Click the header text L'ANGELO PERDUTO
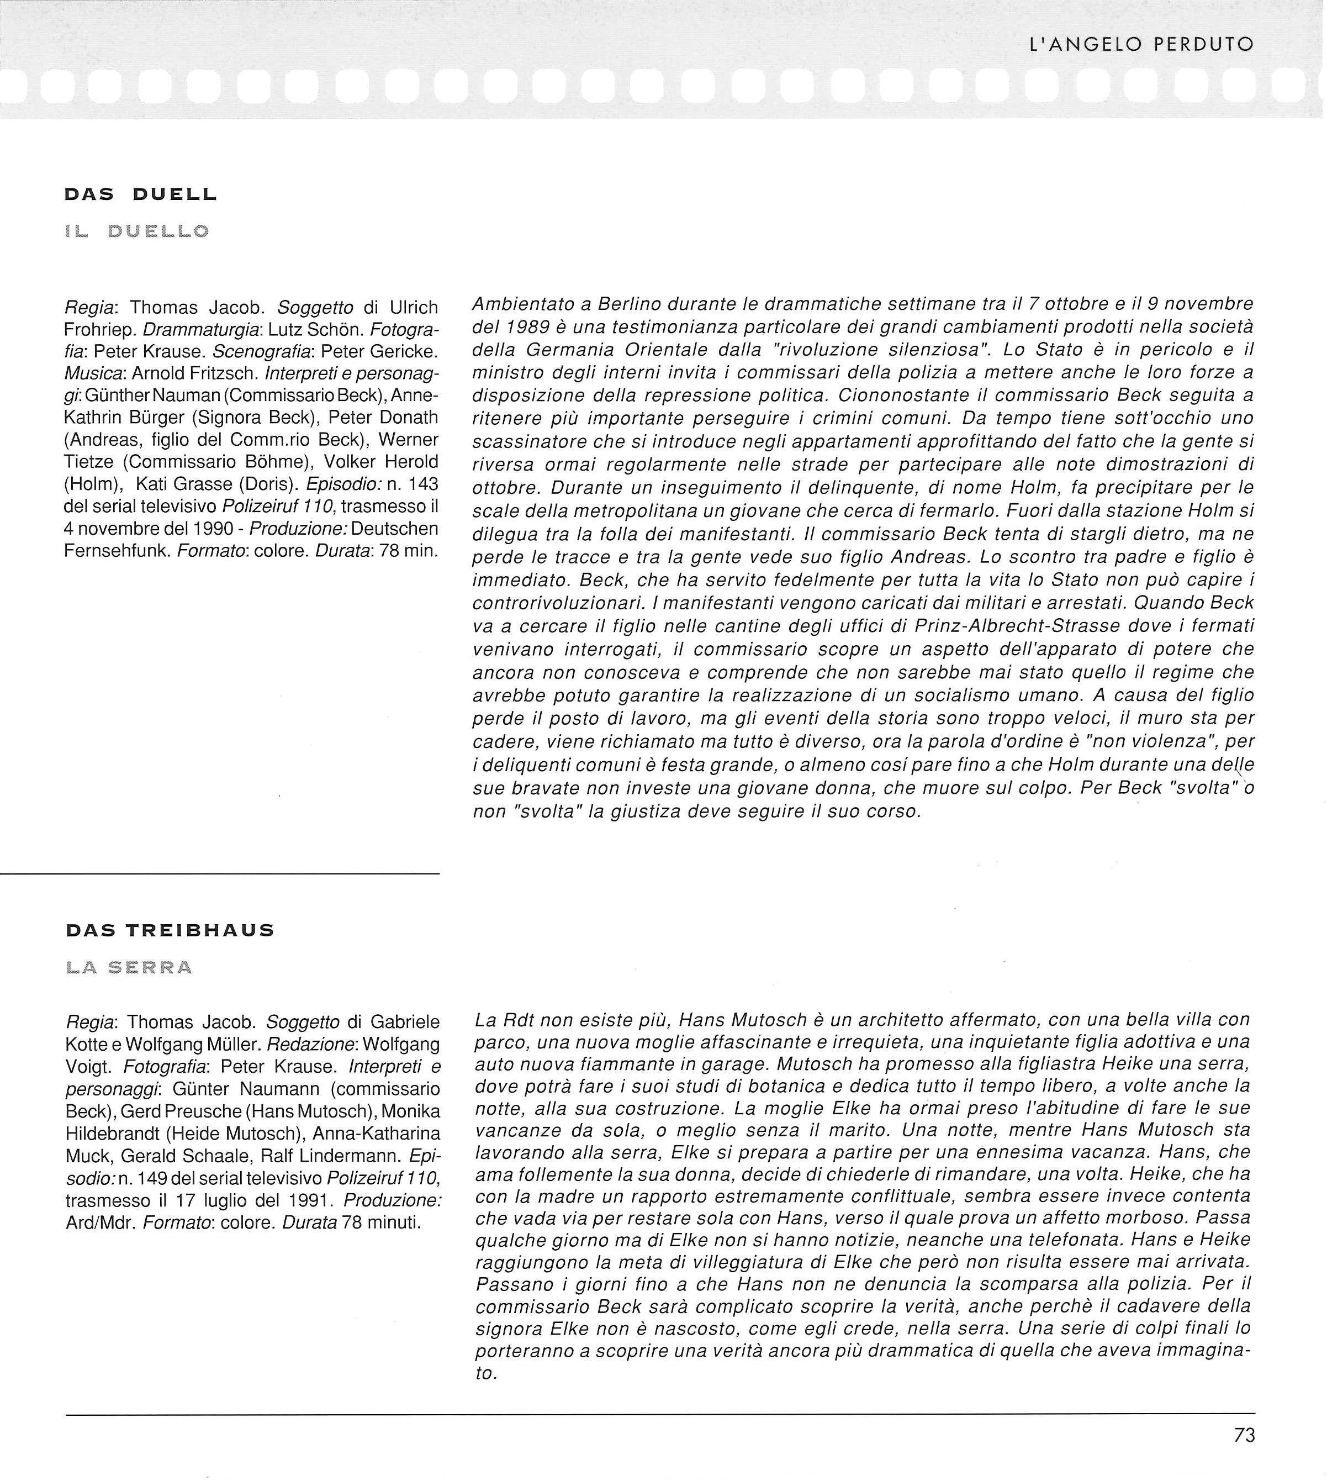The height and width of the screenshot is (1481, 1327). [1140, 45]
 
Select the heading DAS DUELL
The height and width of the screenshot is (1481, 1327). [141, 194]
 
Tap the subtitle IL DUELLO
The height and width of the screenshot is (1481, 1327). [137, 232]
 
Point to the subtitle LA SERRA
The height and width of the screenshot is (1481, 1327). [129, 968]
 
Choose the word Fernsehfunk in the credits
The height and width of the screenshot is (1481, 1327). [117, 551]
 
